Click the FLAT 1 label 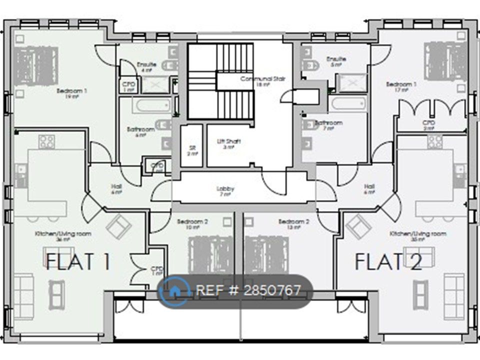point(78,261)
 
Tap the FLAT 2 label point(388,261)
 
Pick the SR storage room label point(192,149)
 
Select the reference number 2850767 point(248,290)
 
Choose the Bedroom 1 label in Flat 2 point(401,85)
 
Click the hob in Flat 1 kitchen point(47,141)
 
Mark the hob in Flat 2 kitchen point(434,141)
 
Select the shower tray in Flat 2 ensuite point(352,82)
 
